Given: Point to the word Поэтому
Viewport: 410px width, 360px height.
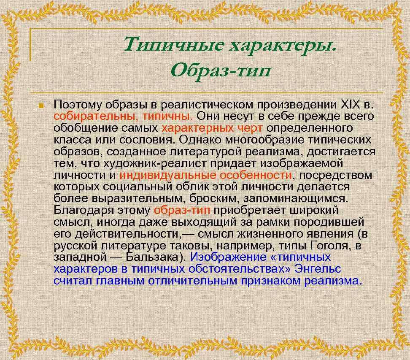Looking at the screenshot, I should tap(78, 105).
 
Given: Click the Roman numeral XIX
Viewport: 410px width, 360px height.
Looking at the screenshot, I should tap(349, 105).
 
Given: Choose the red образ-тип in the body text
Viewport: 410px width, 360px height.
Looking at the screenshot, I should tap(183, 210).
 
